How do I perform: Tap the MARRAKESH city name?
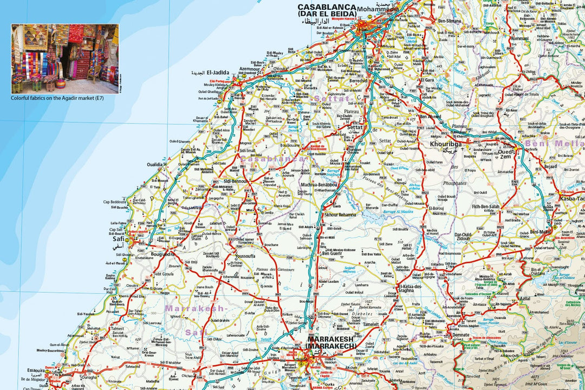point(330,339)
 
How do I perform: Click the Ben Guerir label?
point(332,253)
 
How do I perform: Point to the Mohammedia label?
point(377,9)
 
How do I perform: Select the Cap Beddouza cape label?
point(115,201)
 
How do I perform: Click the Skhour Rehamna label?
point(340,215)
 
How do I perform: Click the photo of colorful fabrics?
point(64,58)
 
